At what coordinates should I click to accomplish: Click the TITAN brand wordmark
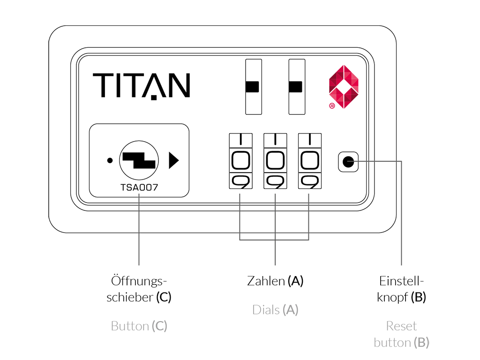[141, 86]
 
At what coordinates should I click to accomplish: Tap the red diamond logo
[344, 86]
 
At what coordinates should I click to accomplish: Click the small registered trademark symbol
[332, 106]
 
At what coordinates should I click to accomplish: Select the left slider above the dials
[253, 87]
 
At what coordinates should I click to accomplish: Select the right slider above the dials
[296, 87]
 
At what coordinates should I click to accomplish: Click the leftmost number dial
[240, 161]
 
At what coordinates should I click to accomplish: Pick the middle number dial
[275, 161]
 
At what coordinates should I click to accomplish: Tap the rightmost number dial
[309, 161]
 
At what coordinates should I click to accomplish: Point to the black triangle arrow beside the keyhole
[173, 160]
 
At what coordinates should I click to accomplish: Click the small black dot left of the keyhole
[110, 160]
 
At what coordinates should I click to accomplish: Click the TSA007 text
[139, 187]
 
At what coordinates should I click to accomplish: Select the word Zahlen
[266, 281]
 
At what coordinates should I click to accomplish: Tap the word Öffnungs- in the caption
[139, 281]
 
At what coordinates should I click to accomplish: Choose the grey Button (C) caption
[139, 326]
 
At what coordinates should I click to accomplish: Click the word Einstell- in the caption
[402, 281]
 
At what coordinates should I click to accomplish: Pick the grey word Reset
[402, 326]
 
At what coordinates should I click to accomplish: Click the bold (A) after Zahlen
[296, 281]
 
